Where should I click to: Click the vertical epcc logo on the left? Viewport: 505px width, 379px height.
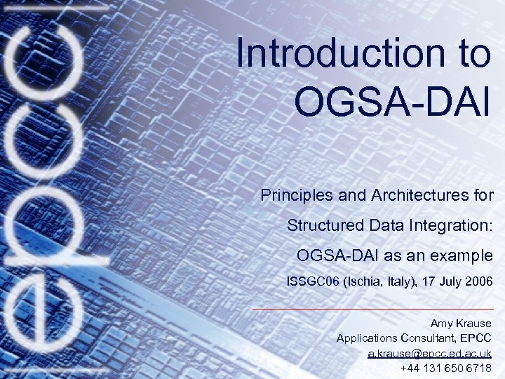43,189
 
